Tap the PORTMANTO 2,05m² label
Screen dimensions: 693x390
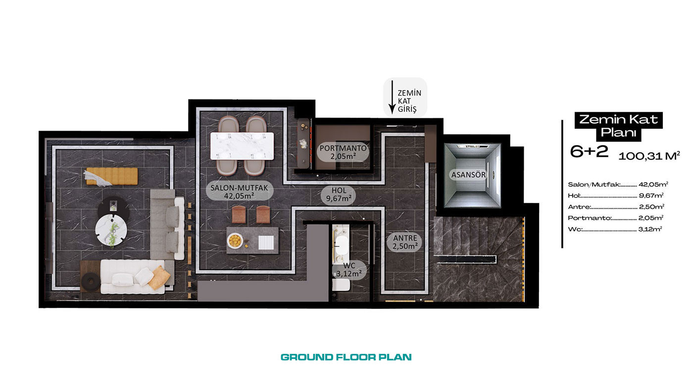343,152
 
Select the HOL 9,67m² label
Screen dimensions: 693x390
339,195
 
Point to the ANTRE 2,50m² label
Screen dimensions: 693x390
405,242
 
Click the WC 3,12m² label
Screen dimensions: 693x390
349,270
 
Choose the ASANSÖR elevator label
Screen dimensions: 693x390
468,175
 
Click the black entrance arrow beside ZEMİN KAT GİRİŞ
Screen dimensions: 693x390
392,97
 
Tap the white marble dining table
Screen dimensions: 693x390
242,146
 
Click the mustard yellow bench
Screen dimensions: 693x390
112,176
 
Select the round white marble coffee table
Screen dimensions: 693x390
111,230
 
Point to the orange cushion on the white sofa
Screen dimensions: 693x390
159,277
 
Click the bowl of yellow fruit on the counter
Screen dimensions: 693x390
235,241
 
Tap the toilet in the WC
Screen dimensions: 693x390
341,285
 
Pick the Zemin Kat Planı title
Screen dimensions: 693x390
618,126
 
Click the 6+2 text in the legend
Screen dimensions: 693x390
589,151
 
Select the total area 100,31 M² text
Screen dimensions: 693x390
649,156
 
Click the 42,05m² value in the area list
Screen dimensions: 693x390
653,184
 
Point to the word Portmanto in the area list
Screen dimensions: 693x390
590,218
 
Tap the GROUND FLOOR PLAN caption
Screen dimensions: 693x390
346,357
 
